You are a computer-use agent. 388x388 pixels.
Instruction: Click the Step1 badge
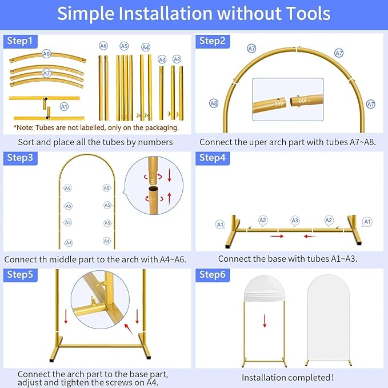pyautogui.click(x=20, y=41)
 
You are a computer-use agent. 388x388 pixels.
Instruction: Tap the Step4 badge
pyautogui.click(x=213, y=158)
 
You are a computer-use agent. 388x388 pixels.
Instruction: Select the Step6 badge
pyautogui.click(x=213, y=275)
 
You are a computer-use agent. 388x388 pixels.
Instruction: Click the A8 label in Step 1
pyautogui.click(x=46, y=54)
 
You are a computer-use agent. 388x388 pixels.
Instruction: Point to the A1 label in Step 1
pyautogui.click(x=64, y=107)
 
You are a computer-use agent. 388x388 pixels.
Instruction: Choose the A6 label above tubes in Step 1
pyautogui.click(x=103, y=46)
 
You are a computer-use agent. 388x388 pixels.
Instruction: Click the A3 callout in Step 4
pyautogui.click(x=295, y=221)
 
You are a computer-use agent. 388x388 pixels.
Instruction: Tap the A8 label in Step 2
pyautogui.click(x=214, y=103)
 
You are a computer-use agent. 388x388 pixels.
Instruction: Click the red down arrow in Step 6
pyautogui.click(x=265, y=321)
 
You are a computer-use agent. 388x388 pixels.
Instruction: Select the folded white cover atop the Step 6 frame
pyautogui.click(x=264, y=289)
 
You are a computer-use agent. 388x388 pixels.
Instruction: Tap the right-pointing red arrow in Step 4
pyautogui.click(x=277, y=237)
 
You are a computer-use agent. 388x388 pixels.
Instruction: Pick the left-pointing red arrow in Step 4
pyautogui.click(x=310, y=237)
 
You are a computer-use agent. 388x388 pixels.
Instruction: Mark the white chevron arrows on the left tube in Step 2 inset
pyautogui.click(x=279, y=103)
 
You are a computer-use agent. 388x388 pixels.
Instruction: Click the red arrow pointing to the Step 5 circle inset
pyautogui.click(x=129, y=329)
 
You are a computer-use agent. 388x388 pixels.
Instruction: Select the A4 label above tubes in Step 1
pyautogui.click(x=146, y=47)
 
